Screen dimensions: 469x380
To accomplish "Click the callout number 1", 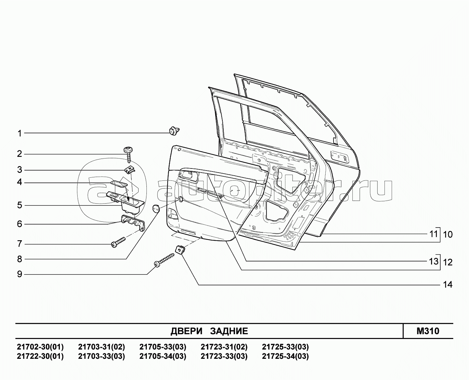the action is pyautogui.click(x=19, y=134).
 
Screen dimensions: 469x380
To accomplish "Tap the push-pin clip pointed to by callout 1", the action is pyautogui.click(x=174, y=131).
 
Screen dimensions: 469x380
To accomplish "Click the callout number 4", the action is pyautogui.click(x=19, y=182).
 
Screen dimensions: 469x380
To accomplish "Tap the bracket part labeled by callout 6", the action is pyautogui.click(x=133, y=222).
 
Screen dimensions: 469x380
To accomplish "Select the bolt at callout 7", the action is pyautogui.click(x=118, y=242).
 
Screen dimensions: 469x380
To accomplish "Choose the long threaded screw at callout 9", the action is pyautogui.click(x=165, y=260).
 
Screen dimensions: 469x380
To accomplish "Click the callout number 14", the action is pyautogui.click(x=448, y=285).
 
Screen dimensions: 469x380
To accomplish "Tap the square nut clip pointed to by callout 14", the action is pyautogui.click(x=180, y=249).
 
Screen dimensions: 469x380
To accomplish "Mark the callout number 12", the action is pyautogui.click(x=448, y=262).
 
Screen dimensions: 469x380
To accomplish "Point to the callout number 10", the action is pyautogui.click(x=448, y=234).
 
